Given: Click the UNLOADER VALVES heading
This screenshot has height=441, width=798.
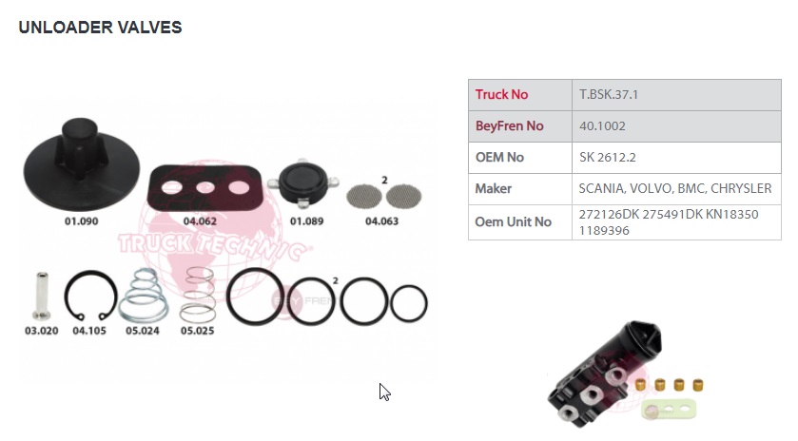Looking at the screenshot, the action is pyautogui.click(x=100, y=27).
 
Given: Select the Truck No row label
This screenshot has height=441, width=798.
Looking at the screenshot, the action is pyautogui.click(x=501, y=95).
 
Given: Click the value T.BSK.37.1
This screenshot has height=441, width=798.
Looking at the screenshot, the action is pyautogui.click(x=608, y=95).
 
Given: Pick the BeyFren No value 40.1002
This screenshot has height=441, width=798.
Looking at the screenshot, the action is pyautogui.click(x=602, y=126).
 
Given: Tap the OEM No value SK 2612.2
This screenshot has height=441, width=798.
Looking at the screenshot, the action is pyautogui.click(x=607, y=157).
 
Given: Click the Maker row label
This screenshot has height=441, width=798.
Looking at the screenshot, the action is pyautogui.click(x=493, y=189).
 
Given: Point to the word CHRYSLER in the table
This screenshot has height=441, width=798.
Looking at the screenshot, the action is pyautogui.click(x=741, y=189).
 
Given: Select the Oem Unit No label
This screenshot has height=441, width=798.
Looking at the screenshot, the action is pyautogui.click(x=513, y=221).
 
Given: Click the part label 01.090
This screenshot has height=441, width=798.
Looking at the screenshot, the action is pyautogui.click(x=82, y=221).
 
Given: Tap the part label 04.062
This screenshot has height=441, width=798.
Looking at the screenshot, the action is pyautogui.click(x=200, y=221).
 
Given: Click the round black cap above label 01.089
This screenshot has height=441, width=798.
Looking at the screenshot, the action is pyautogui.click(x=303, y=183).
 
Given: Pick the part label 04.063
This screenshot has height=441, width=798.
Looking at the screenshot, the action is pyautogui.click(x=381, y=221).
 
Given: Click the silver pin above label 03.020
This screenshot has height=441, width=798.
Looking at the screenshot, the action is pyautogui.click(x=41, y=296).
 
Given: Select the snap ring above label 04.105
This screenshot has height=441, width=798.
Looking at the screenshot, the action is pyautogui.click(x=90, y=296).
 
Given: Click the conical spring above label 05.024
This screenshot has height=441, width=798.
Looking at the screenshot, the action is pyautogui.click(x=143, y=296).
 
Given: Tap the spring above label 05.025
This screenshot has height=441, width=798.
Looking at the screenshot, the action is pyautogui.click(x=198, y=295).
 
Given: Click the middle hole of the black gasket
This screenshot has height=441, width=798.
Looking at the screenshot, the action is pyautogui.click(x=205, y=187).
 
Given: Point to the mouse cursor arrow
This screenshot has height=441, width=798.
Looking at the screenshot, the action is pyautogui.click(x=385, y=393).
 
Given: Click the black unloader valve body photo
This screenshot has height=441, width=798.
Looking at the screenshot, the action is pyautogui.click(x=605, y=374).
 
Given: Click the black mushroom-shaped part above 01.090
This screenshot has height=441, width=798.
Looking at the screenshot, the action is pyautogui.click(x=82, y=164).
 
